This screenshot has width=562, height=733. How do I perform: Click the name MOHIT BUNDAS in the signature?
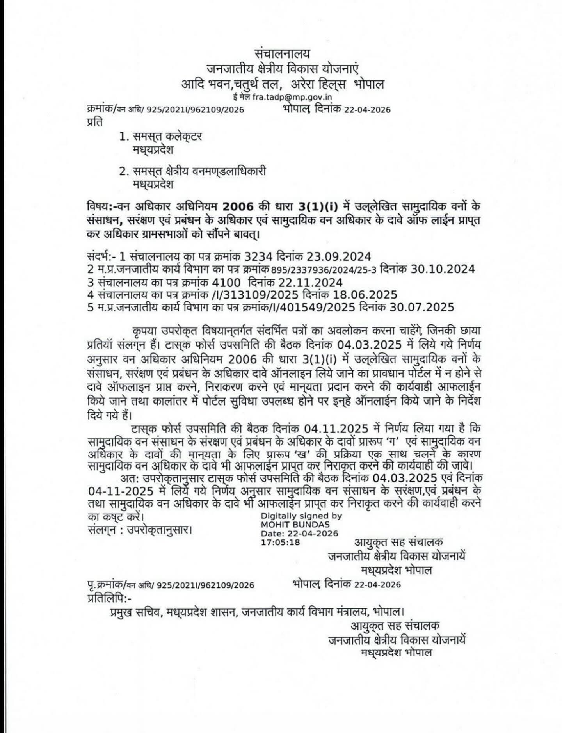pyautogui.click(x=295, y=525)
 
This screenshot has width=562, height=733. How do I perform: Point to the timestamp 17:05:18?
pyautogui.click(x=280, y=542)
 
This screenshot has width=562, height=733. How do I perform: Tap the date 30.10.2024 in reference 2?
pyautogui.click(x=443, y=269)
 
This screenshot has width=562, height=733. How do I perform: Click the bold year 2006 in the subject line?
pyautogui.click(x=238, y=206)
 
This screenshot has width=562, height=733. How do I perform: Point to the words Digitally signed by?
pyautogui.click(x=301, y=516)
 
